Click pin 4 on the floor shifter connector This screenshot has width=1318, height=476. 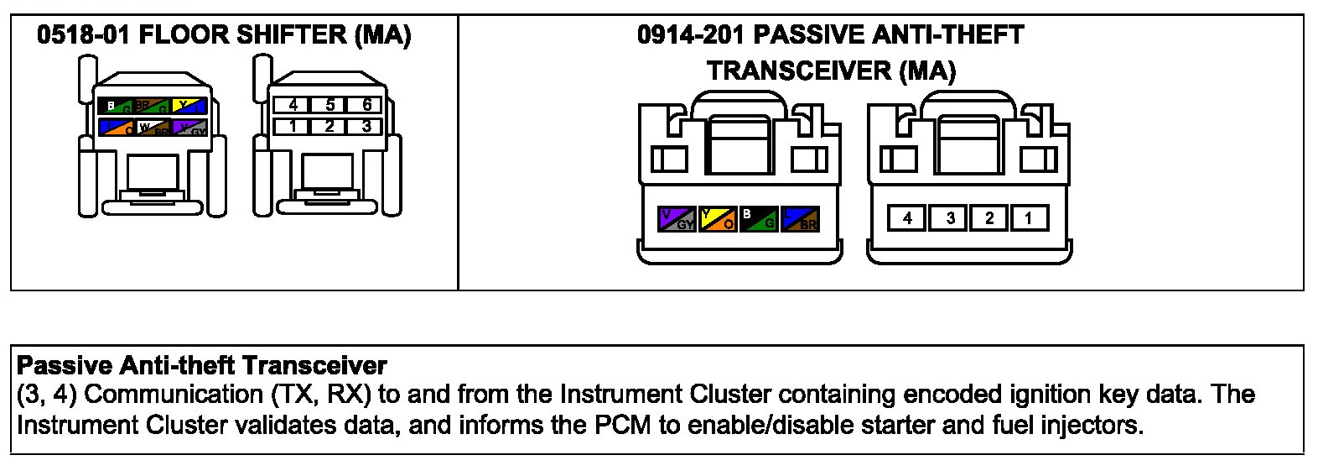pyautogui.click(x=293, y=105)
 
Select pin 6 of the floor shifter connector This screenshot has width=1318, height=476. pyautogui.click(x=367, y=105)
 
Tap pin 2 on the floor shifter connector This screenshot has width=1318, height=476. pyautogui.click(x=329, y=126)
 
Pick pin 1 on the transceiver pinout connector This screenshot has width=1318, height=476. pyautogui.click(x=1028, y=218)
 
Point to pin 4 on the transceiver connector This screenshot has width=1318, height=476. pyautogui.click(x=907, y=218)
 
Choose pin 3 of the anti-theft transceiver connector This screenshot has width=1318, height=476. pyautogui.click(x=950, y=218)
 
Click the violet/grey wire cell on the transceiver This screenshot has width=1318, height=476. pyautogui.click(x=677, y=219)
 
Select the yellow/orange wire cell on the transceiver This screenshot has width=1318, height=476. pyautogui.click(x=718, y=219)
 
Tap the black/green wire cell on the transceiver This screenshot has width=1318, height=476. pyautogui.click(x=759, y=219)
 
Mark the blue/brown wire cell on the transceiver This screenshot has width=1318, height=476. pyautogui.click(x=799, y=219)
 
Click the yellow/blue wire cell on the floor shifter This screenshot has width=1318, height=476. pyautogui.click(x=189, y=106)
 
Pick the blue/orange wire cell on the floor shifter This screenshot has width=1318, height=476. pyautogui.click(x=116, y=127)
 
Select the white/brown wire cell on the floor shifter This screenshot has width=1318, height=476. pyautogui.click(x=153, y=127)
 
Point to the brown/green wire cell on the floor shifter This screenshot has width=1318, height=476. pyautogui.click(x=153, y=106)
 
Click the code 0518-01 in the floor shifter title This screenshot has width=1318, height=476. pyautogui.click(x=83, y=35)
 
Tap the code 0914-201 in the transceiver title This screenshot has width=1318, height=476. pyautogui.click(x=691, y=35)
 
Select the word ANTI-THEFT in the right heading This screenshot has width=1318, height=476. pyautogui.click(x=947, y=35)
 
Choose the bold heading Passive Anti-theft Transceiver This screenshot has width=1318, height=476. pyautogui.click(x=202, y=366)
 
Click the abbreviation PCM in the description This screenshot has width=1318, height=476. pyautogui.click(x=622, y=425)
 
